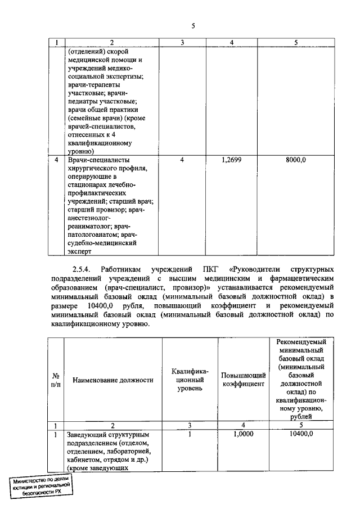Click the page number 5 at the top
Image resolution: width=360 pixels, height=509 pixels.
[193, 26]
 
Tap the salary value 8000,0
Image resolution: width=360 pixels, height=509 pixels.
[296, 160]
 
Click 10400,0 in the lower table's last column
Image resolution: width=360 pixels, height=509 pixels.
[301, 434]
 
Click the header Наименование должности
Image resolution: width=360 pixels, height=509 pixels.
[113, 380]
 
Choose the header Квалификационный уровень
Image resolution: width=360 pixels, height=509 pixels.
[190, 380]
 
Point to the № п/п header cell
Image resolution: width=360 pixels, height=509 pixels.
[56, 380]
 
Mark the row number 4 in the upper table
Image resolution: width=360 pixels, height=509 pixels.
[56, 160]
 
